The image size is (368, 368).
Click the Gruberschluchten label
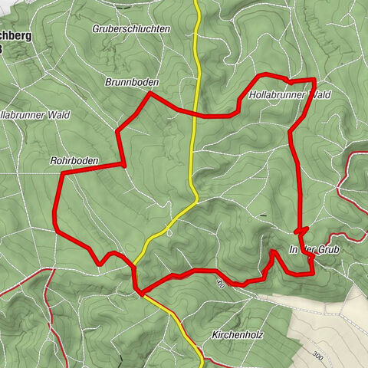(x=131, y=28)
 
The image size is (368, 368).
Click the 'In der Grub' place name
(x=313, y=251)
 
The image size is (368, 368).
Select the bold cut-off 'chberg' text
(x=17, y=36)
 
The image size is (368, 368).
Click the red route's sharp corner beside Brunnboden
(x=149, y=93)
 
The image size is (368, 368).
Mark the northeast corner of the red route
(x=315, y=79)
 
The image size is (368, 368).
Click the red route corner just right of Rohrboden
(x=123, y=164)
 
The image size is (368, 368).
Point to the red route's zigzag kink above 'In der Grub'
(x=301, y=230)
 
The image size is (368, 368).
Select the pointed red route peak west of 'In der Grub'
(x=274, y=250)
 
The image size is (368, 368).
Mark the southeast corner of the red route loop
(x=314, y=273)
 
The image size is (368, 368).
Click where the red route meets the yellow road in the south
(x=140, y=292)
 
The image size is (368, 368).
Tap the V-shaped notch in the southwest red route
(x=101, y=264)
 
